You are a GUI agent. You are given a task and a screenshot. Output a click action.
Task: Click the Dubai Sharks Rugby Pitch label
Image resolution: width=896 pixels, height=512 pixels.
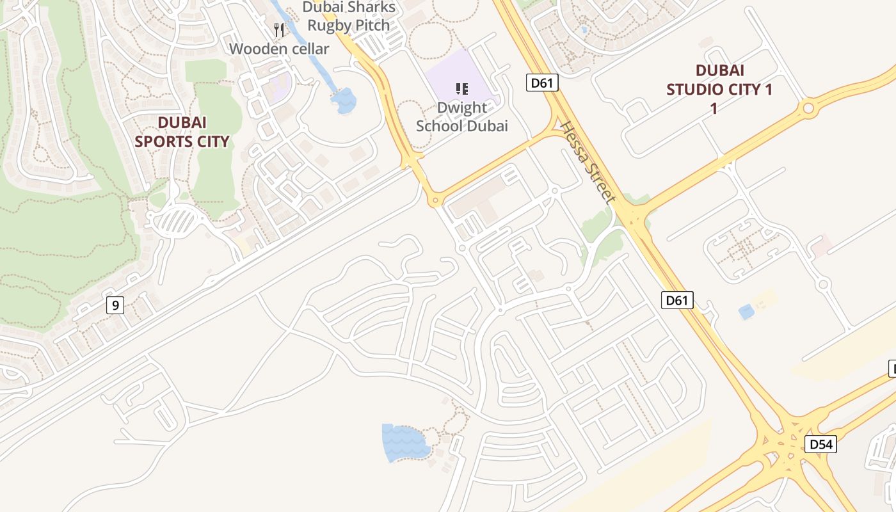(349, 17)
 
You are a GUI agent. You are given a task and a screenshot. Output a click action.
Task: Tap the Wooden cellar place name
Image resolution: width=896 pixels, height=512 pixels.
(279, 49)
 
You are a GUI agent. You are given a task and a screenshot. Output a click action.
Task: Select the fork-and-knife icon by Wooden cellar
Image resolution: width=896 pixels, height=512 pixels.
(278, 29)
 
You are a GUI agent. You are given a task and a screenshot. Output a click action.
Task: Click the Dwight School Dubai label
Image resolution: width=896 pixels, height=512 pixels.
(462, 117)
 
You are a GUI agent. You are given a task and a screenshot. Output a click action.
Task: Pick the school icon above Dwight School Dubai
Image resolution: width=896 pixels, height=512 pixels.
(461, 89)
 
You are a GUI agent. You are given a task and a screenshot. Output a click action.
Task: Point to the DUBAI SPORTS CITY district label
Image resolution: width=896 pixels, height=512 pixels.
(182, 132)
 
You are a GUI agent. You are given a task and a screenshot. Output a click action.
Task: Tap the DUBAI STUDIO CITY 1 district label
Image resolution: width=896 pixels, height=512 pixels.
(719, 90)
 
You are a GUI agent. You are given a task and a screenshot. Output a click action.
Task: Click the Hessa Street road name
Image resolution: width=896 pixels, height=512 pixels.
(588, 163)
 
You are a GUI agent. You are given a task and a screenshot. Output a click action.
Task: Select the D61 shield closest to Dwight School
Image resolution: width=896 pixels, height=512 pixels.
(542, 83)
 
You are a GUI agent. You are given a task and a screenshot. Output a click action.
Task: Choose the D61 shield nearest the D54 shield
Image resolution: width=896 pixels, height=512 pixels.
(677, 300)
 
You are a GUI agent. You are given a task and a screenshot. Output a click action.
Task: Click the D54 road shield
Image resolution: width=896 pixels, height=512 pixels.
(820, 444)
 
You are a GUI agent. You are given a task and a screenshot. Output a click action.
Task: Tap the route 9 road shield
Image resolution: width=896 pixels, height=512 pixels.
(115, 305)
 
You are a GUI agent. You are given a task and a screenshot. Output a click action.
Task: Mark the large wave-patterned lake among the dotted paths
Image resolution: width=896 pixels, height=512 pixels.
(404, 441)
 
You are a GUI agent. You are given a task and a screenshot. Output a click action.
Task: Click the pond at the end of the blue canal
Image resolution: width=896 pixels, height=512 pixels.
(344, 100)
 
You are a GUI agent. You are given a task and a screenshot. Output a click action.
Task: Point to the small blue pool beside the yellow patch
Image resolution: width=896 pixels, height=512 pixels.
(746, 312)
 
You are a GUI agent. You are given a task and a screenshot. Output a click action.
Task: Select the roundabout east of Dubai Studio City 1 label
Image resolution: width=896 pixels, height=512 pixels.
(808, 108)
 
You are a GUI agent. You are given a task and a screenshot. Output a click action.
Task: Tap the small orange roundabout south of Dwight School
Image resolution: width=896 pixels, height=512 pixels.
(435, 201)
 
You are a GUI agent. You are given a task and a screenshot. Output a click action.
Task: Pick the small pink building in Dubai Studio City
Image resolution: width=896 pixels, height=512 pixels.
(821, 246)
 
